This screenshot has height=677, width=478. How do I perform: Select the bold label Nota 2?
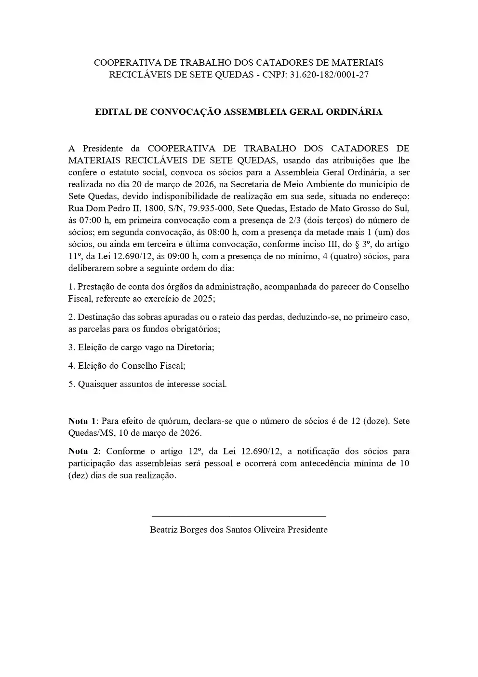point(83,452)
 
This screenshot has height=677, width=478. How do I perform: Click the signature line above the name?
point(239,517)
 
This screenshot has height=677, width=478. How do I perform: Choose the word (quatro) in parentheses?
point(343,256)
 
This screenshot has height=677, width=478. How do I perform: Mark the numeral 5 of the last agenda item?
point(71,385)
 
